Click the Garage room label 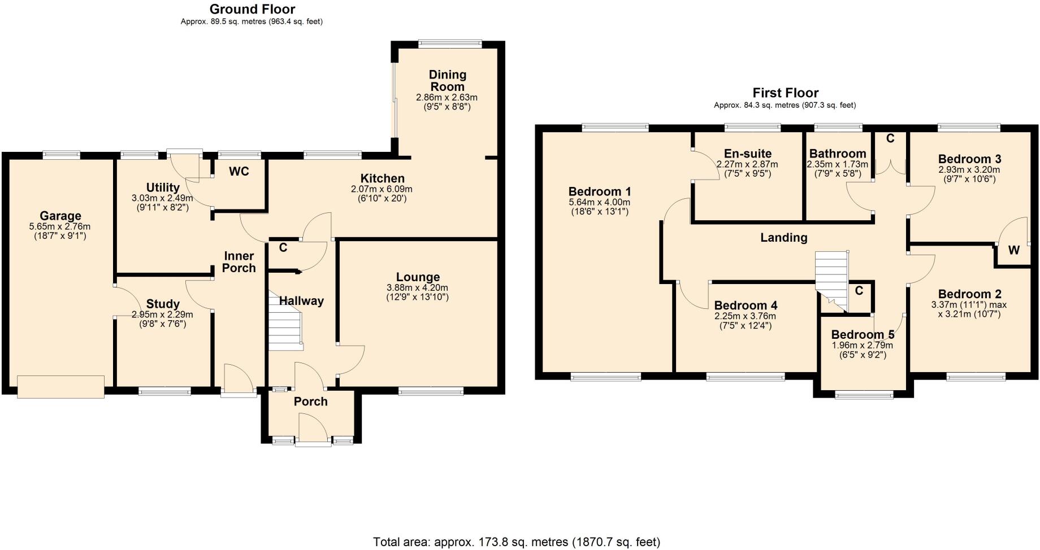(60, 216)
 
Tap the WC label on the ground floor (239, 172)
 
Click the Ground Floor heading (252, 9)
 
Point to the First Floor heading (785, 93)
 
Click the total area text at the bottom (516, 542)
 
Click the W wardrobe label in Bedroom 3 (1013, 250)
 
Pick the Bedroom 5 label (863, 334)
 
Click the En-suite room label (747, 154)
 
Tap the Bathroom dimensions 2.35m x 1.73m (837, 164)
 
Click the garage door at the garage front (61, 387)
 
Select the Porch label (310, 401)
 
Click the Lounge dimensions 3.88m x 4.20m (418, 287)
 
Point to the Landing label (783, 238)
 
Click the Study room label (163, 304)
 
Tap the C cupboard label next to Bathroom (890, 138)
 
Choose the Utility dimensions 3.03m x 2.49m (162, 198)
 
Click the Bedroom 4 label (745, 305)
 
